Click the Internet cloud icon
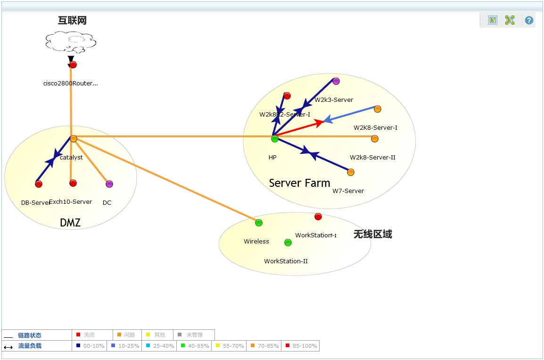[71, 42]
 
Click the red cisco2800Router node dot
[73, 65]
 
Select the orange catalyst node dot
[74, 139]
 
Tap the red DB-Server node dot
[39, 184]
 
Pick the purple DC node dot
[109, 184]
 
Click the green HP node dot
[275, 139]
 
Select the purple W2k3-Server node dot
[336, 81]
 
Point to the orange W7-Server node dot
[351, 172]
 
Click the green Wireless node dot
[259, 223]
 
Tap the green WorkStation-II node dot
[288, 243]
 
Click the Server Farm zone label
[299, 183]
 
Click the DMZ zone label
[70, 223]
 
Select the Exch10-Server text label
[71, 202]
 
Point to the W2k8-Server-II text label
[372, 158]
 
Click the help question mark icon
[529, 20]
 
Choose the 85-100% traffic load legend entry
[301, 346]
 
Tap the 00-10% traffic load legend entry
[90, 346]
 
